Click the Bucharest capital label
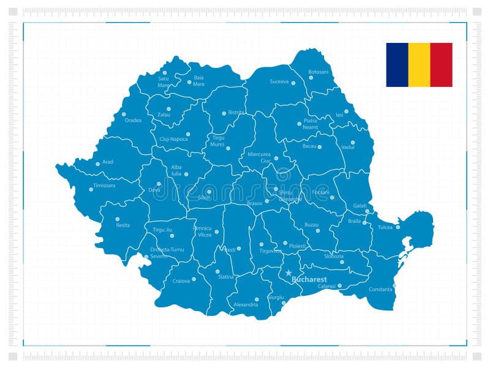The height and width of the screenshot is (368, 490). [309, 279]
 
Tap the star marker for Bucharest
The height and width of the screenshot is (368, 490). [288, 273]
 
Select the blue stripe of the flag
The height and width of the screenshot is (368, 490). [397, 64]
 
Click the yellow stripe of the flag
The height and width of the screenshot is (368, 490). [419, 64]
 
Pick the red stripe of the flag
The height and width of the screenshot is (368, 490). [441, 64]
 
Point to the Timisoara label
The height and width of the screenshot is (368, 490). [104, 185]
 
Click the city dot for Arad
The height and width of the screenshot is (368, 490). [97, 163]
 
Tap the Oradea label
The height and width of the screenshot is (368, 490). [133, 120]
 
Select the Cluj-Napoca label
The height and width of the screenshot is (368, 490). [173, 139]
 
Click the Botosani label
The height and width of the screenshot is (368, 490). [318, 72]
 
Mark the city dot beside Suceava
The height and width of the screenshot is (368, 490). [293, 83]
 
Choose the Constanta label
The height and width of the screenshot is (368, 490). [380, 289]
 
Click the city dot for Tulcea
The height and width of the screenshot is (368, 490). [398, 227]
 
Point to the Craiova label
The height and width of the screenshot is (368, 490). [181, 280]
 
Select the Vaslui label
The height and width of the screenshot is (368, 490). [348, 148]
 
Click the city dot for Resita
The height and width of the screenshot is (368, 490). [117, 219]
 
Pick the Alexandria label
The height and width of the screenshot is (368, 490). [246, 304]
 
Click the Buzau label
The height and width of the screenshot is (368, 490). [312, 225]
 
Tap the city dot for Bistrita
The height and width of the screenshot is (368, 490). [224, 113]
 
